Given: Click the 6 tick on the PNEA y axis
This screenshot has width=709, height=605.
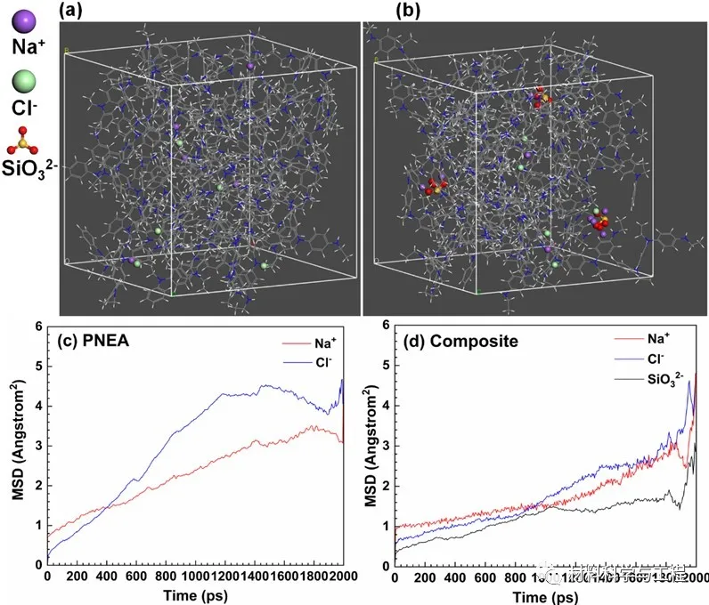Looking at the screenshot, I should tap(37, 327).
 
